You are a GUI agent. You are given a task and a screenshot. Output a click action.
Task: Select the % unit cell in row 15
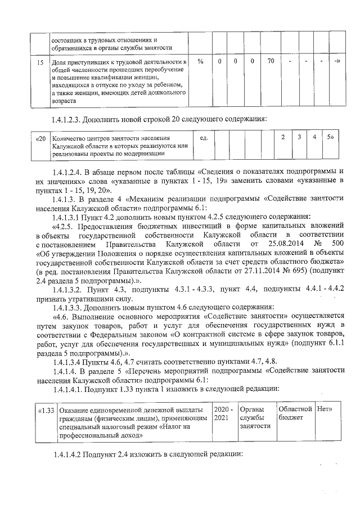click(x=201, y=61)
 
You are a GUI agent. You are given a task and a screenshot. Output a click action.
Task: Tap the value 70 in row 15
click(x=270, y=61)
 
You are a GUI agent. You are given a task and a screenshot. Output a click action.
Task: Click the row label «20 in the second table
click(x=40, y=138)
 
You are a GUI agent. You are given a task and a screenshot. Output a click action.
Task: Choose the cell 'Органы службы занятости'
click(x=255, y=418)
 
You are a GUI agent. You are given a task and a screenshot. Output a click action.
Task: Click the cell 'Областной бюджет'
click(x=295, y=413)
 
